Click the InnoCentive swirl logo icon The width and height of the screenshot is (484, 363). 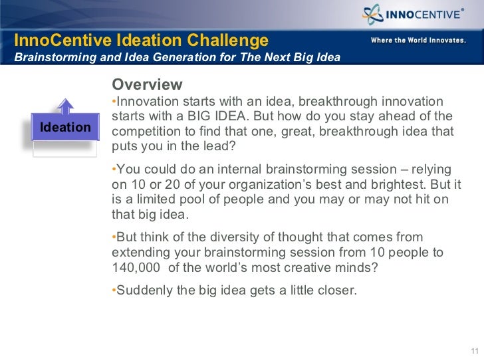coord(372,14)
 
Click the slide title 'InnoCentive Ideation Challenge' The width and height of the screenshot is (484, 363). coord(141,41)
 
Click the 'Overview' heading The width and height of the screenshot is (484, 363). coord(147,85)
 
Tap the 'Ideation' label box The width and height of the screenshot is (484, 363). coord(65,127)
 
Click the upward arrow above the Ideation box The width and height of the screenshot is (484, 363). coord(64,106)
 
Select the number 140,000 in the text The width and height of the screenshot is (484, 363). coord(138,268)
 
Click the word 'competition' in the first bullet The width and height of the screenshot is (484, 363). coord(146,131)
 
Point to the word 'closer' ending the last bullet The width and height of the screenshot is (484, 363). coord(338,290)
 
